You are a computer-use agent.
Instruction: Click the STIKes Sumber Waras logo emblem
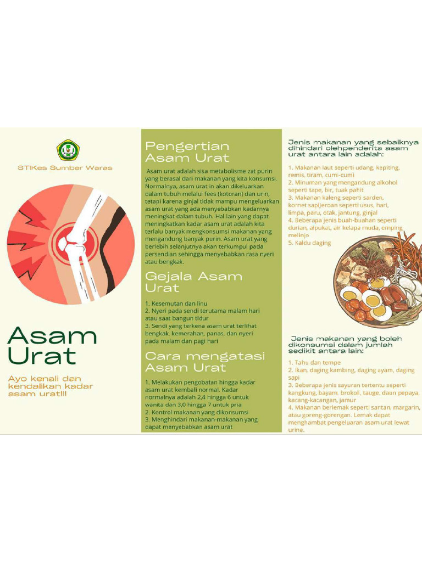pos(68,149)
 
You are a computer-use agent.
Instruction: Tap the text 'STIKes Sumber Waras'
pos(64,168)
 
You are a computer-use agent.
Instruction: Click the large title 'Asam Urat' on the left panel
pos(52,345)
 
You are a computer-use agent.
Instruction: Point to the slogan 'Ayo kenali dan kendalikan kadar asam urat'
pos(51,386)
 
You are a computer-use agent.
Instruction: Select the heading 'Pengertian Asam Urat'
pos(187,152)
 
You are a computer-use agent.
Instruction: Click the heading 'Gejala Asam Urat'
pos(193,282)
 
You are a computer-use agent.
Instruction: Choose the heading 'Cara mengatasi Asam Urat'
pos(204,362)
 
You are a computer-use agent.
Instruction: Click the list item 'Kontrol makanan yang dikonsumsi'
pos(197,412)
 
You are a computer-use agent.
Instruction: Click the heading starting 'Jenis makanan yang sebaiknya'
pos(353,148)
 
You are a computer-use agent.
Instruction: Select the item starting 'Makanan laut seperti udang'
pos(344,167)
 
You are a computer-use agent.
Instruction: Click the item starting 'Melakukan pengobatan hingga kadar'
pos(200,382)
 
